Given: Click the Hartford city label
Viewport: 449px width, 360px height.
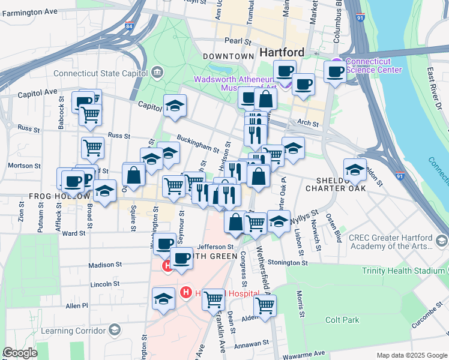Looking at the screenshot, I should click(x=282, y=52).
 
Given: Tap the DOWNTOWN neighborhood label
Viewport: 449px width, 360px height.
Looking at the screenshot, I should click(x=228, y=56).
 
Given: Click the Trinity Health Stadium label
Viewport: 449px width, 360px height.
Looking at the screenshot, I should click(x=403, y=271).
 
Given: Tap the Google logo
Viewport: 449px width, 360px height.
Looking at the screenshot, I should click(x=19, y=353).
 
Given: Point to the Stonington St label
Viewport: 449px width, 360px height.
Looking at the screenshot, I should click(x=289, y=262).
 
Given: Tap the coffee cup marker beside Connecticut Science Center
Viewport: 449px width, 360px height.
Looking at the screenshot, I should click(x=336, y=73).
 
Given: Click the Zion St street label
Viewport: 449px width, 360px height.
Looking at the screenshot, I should click(x=22, y=217).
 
